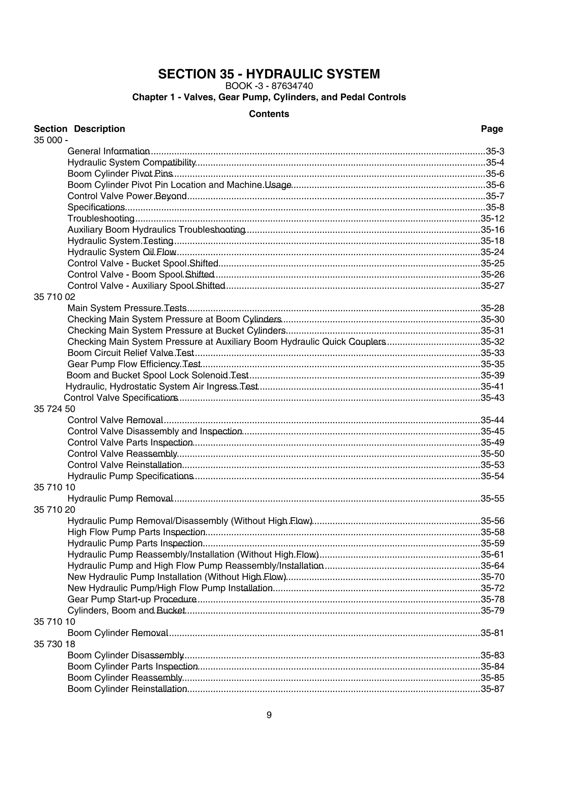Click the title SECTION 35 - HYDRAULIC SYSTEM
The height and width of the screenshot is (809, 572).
point(269,74)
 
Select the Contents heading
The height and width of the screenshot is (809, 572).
point(269,114)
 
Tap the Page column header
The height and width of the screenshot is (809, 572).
point(492,129)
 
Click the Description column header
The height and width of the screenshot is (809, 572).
point(99,129)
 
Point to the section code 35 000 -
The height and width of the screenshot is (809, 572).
point(51,140)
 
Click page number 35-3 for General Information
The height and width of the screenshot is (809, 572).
point(495,152)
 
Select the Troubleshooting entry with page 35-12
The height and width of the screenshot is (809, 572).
point(101,219)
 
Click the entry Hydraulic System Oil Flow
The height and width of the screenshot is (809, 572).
point(121,252)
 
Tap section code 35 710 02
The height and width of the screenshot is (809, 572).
point(54,297)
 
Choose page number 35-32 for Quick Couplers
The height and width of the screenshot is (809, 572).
point(492,342)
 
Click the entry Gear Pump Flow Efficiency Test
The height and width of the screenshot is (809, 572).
point(134,364)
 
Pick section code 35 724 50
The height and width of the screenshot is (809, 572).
point(54,409)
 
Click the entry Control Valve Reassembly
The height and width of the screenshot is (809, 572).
point(122,454)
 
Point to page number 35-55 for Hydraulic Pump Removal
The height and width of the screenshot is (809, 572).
point(492,499)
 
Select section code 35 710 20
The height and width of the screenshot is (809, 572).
point(54,510)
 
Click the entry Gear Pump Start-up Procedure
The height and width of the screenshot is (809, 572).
point(132,599)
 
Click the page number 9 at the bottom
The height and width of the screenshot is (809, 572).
point(269,715)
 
